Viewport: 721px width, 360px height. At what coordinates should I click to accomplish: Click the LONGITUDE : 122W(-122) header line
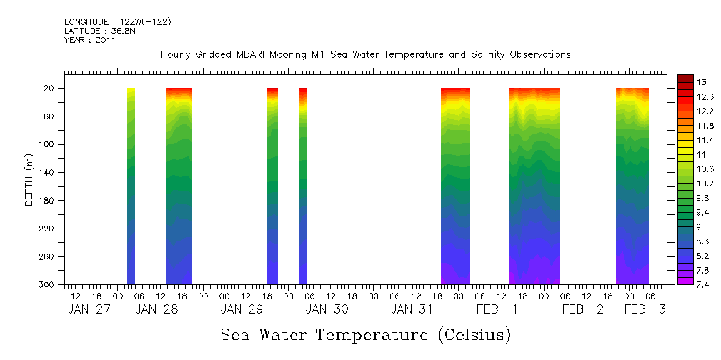click(117, 21)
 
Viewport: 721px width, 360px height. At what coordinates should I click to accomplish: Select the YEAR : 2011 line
click(89, 40)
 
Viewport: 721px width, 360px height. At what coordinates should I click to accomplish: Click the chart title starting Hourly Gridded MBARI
click(366, 54)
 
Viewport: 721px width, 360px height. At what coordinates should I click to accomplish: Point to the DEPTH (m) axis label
click(29, 179)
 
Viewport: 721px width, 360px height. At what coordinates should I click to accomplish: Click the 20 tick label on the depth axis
click(50, 89)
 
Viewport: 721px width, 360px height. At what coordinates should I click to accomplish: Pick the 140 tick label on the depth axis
click(47, 173)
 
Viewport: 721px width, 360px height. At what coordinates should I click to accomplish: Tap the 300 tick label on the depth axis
click(47, 285)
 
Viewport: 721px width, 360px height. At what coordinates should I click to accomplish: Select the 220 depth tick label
click(47, 229)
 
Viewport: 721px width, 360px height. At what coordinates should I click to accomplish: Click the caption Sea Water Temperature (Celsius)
click(366, 334)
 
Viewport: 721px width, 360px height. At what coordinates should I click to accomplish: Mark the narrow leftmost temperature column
click(131, 186)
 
